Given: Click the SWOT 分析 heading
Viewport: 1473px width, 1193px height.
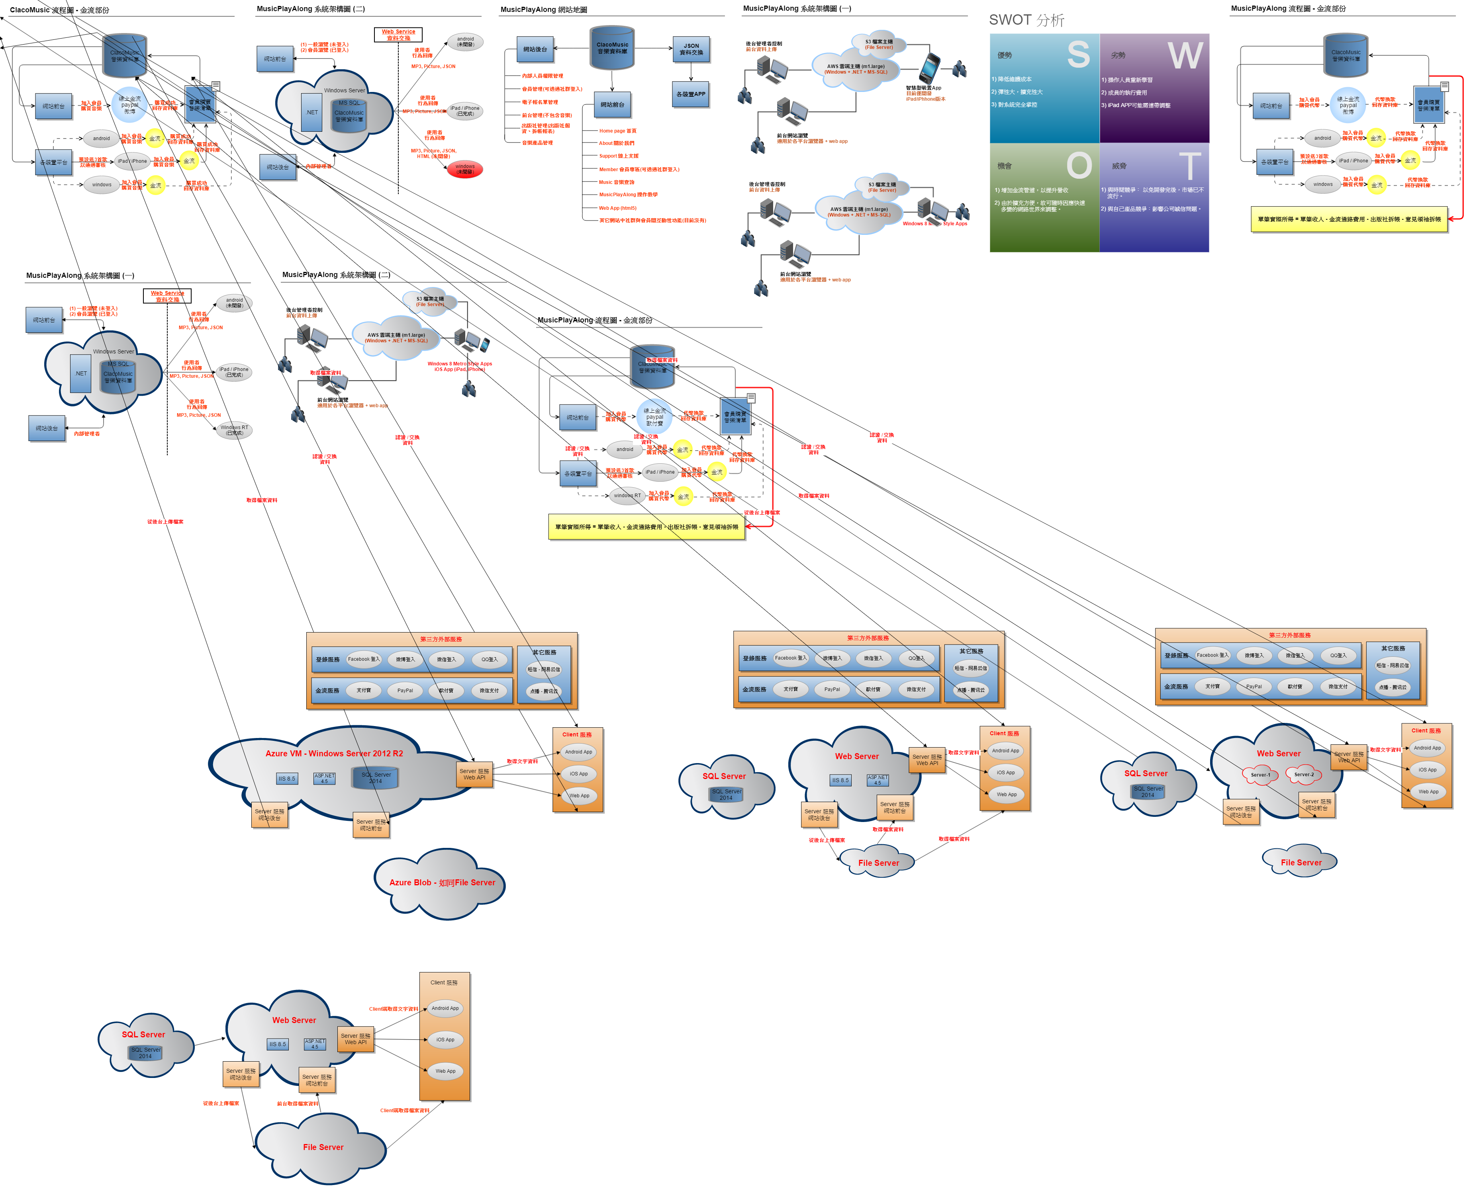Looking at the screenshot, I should tap(1026, 20).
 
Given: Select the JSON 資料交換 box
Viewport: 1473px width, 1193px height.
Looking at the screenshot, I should tap(691, 49).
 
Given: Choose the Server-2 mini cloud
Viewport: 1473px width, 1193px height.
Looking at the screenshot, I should tap(1303, 775).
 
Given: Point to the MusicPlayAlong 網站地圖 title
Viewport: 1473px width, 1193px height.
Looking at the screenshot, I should tap(543, 10).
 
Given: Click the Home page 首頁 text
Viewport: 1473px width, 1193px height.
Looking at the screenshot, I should tap(617, 131).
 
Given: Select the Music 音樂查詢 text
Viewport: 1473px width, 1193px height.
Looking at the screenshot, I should tap(616, 182).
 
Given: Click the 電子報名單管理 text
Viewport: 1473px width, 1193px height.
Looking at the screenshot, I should tap(540, 102).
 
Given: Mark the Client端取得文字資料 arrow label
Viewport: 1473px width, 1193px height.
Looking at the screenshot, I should tap(394, 1009).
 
